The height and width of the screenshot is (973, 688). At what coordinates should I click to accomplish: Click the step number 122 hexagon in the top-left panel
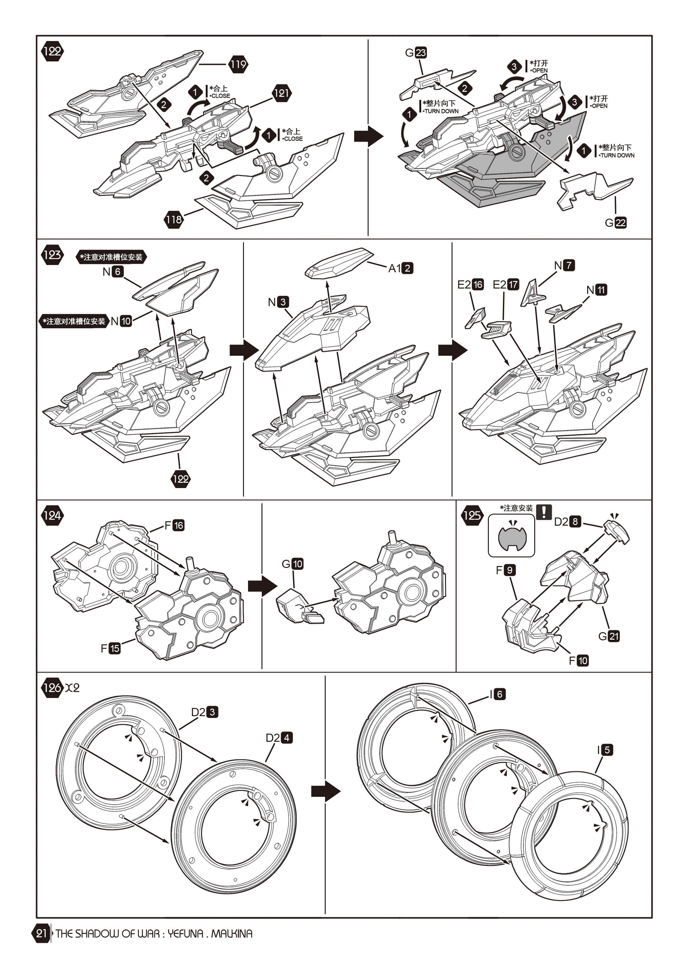click(52, 51)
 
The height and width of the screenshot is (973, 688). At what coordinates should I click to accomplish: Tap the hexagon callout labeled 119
click(238, 65)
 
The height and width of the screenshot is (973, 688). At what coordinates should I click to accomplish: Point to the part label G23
click(416, 53)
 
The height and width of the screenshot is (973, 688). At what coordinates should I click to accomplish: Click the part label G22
click(616, 222)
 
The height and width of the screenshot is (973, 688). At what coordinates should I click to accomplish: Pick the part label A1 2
click(400, 268)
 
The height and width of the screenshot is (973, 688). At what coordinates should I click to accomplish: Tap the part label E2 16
click(470, 284)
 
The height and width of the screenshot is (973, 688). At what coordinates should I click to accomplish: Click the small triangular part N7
click(533, 292)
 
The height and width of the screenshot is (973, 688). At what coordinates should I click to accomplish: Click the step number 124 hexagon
click(52, 515)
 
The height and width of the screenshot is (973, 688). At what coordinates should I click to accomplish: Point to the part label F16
click(174, 525)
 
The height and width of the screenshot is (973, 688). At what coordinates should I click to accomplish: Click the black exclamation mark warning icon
click(544, 512)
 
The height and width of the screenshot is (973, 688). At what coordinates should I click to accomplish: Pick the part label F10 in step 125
click(578, 660)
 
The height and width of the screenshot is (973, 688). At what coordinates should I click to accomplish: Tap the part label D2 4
click(279, 738)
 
